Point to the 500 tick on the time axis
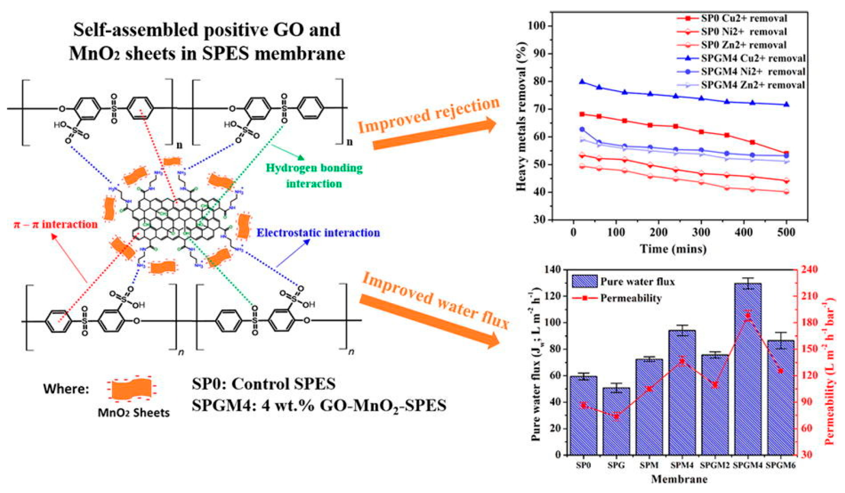click(x=787, y=233)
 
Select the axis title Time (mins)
click(x=673, y=249)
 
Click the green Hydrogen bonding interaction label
click(x=314, y=176)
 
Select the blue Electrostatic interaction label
click(x=318, y=233)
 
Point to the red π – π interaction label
click(x=56, y=225)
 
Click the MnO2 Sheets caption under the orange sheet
click(x=134, y=412)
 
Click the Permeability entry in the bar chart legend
click(x=630, y=298)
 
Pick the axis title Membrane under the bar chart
click(x=679, y=479)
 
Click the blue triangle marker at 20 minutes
click(x=582, y=82)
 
